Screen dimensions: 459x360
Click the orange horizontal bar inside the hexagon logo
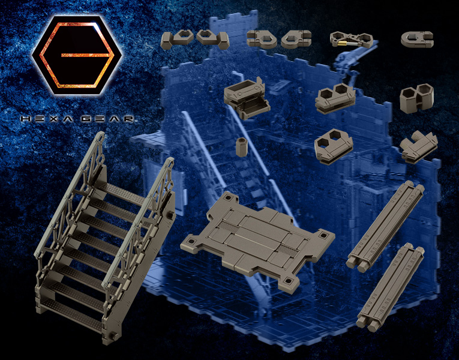pyautogui.click(x=87, y=55)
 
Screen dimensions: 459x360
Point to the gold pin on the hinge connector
pyautogui.click(x=341, y=44)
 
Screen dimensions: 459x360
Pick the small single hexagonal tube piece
pyautogui.click(x=242, y=147)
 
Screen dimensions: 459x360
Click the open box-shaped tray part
pyautogui.click(x=247, y=97)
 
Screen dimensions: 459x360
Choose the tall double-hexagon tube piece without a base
pyautogui.click(x=416, y=98)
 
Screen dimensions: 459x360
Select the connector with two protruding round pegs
pyautogui.click(x=419, y=147)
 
